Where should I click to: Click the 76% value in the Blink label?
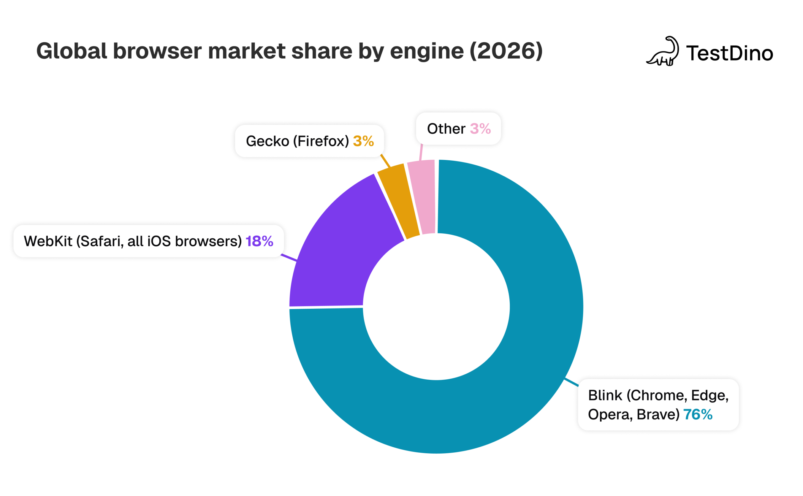pos(697,415)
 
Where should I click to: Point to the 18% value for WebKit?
pos(259,241)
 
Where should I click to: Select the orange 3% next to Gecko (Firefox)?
pos(363,141)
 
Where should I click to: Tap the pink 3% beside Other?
pos(480,129)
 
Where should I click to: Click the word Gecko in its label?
pos(267,141)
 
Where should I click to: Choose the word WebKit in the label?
pos(48,241)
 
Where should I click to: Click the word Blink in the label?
pos(605,395)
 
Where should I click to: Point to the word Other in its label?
pos(446,129)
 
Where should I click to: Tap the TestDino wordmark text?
pos(729,53)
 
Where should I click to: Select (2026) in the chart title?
pos(506,51)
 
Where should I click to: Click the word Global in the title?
pos(72,51)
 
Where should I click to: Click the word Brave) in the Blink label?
pos(658,415)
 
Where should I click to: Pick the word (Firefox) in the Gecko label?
pos(321,141)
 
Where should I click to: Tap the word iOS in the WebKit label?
pos(159,241)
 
